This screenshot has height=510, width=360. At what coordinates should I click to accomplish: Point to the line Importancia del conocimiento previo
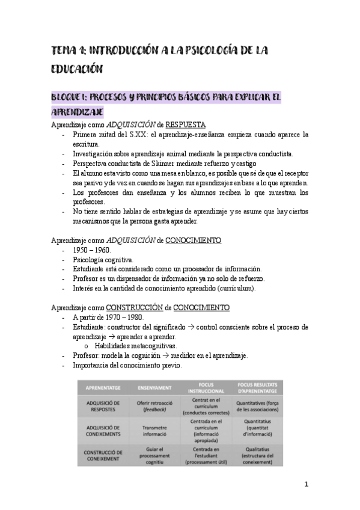coord(127,365)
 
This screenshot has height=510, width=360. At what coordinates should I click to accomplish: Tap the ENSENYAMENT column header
coord(155,388)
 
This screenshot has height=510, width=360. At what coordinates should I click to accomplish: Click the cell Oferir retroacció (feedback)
coord(155,407)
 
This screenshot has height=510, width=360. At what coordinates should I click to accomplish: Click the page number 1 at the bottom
coord(306,484)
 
